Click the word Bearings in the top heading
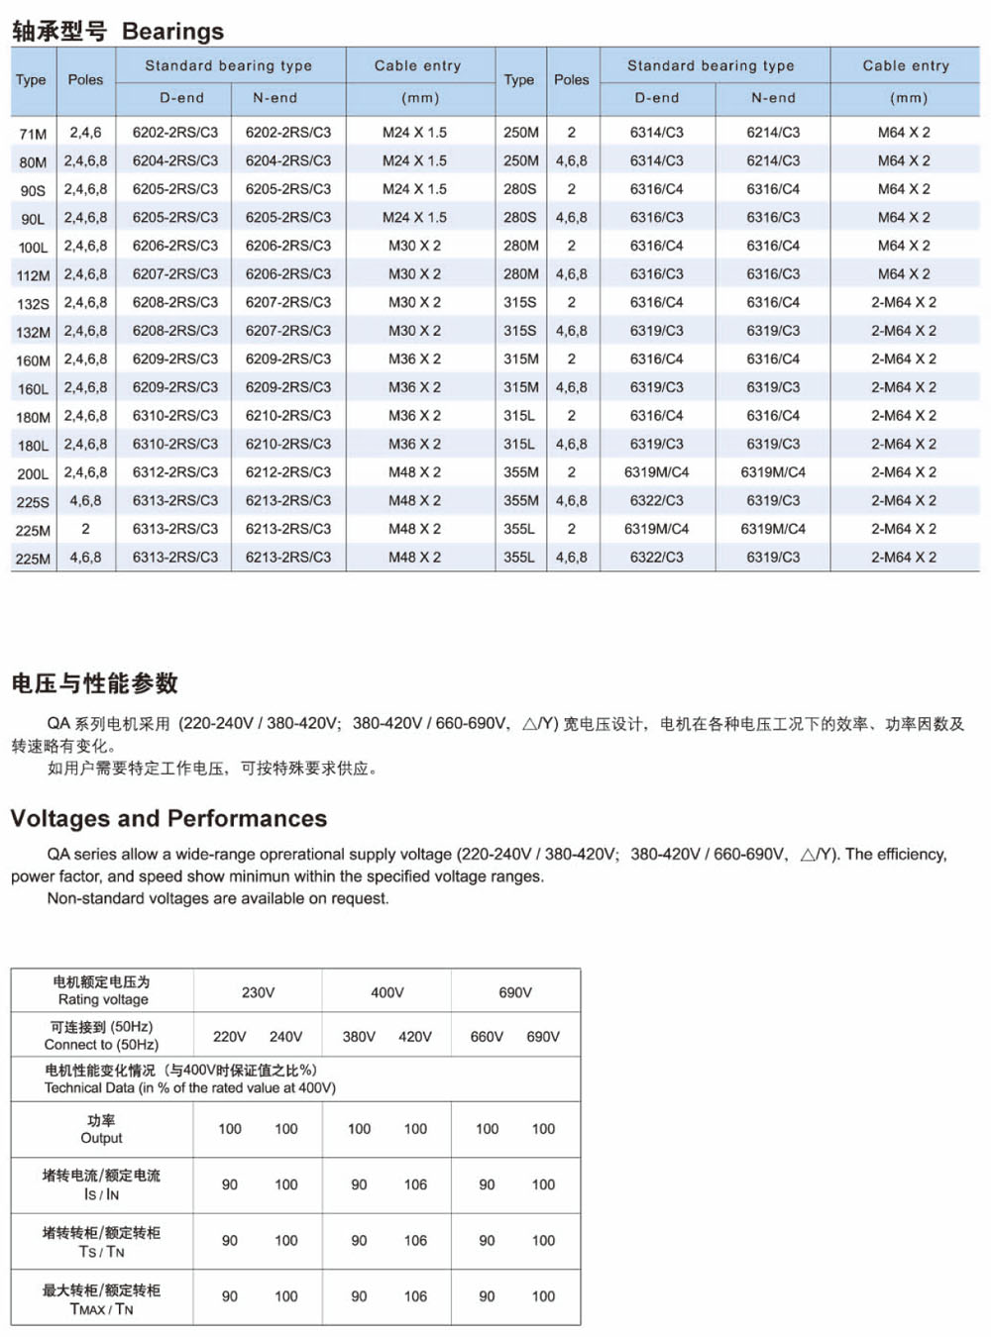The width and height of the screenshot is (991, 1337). (x=172, y=32)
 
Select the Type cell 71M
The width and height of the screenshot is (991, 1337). (x=33, y=134)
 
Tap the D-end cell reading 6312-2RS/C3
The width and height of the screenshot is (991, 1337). (x=175, y=472)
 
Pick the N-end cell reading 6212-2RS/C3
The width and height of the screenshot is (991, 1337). (x=288, y=472)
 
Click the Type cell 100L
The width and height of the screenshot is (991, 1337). (x=33, y=248)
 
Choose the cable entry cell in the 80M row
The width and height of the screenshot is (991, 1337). (x=414, y=160)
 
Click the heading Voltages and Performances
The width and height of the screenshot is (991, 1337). (x=168, y=818)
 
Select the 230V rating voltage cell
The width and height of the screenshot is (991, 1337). (x=258, y=992)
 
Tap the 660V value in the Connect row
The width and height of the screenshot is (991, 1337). (x=487, y=1037)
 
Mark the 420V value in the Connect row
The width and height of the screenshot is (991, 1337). (x=415, y=1037)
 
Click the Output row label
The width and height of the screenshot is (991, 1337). (x=101, y=1129)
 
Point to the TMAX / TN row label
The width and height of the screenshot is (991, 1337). (x=101, y=1299)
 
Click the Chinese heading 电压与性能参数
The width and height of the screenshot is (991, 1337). (x=95, y=683)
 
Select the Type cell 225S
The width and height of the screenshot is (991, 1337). (x=33, y=503)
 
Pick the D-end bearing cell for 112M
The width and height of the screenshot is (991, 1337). (x=175, y=274)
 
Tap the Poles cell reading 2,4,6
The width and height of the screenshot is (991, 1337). (x=85, y=132)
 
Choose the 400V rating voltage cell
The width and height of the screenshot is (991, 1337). (x=386, y=992)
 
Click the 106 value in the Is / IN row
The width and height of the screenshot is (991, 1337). (x=415, y=1184)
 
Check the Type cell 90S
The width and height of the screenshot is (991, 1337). (x=33, y=191)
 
